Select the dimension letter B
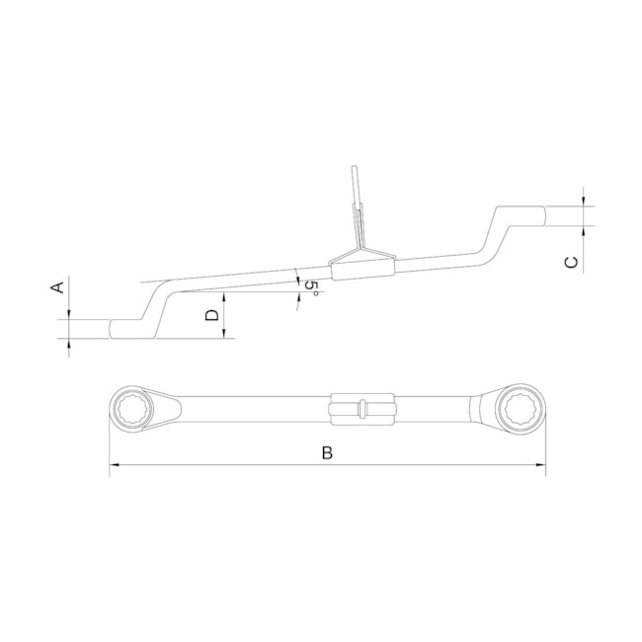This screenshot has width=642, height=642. (327, 452)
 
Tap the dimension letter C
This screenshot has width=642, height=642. (571, 262)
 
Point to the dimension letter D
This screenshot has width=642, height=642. (211, 315)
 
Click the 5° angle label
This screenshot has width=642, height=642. (312, 289)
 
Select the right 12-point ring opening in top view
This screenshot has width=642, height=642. (521, 408)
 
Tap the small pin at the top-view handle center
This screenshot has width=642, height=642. (361, 408)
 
